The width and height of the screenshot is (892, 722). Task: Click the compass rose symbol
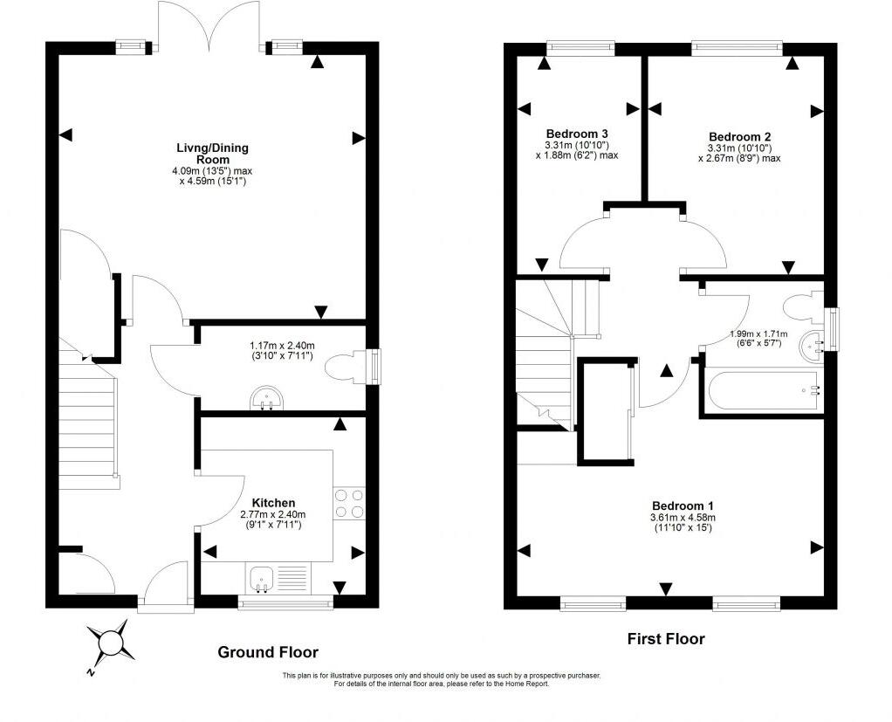[x=111, y=643]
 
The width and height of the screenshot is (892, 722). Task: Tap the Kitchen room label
[x=274, y=503]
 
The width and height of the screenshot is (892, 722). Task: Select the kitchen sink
[x=262, y=579]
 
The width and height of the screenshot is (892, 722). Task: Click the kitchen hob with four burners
[x=349, y=504]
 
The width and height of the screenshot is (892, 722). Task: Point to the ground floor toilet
[x=347, y=367]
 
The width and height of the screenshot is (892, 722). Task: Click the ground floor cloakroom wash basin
[x=266, y=398]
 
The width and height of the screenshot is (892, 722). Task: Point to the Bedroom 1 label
[x=683, y=505]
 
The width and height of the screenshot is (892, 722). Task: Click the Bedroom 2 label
[x=739, y=136]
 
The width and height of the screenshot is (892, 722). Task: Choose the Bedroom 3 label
[x=577, y=134]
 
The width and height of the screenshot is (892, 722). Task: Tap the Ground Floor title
[x=268, y=652]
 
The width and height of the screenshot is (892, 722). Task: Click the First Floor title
[x=666, y=639]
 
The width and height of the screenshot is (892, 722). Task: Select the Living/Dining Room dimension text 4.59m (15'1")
[x=211, y=182]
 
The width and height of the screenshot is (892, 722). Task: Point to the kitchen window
[x=285, y=602]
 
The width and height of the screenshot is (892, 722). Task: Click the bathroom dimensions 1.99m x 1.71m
[x=758, y=334]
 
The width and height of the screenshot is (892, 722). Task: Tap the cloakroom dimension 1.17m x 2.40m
[x=282, y=346]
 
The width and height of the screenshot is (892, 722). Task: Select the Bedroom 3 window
[x=580, y=48]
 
